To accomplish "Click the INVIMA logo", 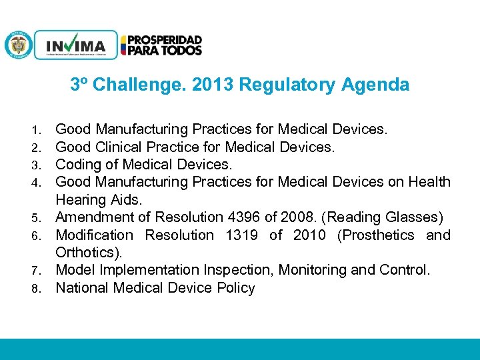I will [75, 45].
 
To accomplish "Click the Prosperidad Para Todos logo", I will [161, 45].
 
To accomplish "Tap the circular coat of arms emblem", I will [18, 45].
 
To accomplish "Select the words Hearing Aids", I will [99, 199].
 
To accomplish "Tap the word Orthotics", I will [85, 253].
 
